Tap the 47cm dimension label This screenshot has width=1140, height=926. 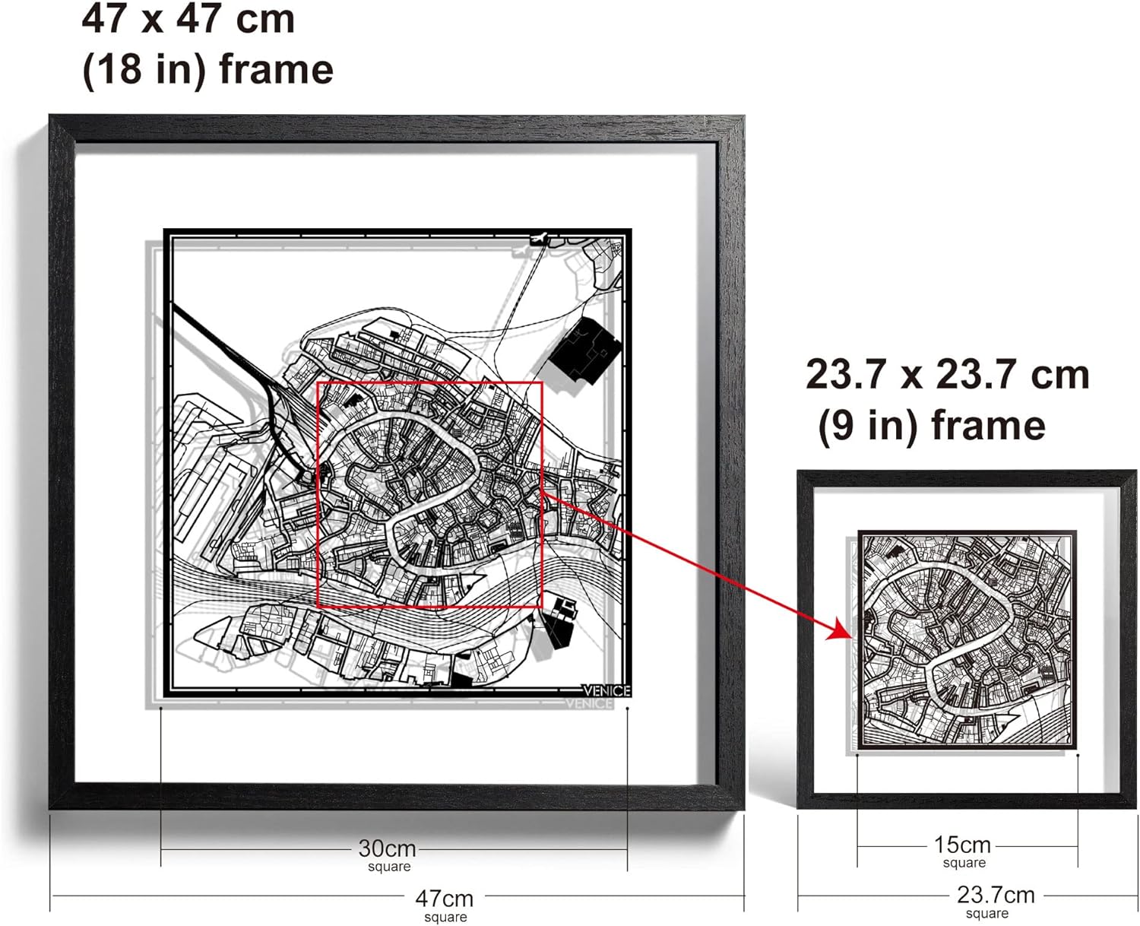click(445, 899)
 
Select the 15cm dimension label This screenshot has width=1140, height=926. click(962, 845)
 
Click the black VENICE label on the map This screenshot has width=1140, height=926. click(606, 691)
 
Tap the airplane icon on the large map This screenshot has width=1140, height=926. click(540, 237)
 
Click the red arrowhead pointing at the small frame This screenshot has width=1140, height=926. click(841, 630)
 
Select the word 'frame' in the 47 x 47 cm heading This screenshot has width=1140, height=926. click(277, 70)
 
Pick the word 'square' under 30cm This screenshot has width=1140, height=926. click(389, 867)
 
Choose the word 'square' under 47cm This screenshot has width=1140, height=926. click(445, 918)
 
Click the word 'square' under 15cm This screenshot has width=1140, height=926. click(964, 863)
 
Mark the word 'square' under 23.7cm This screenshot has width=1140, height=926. click(987, 914)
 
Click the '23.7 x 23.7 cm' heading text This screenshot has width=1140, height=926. click(947, 375)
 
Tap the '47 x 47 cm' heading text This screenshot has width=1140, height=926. click(188, 20)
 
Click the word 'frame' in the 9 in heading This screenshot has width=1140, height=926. click(988, 425)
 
